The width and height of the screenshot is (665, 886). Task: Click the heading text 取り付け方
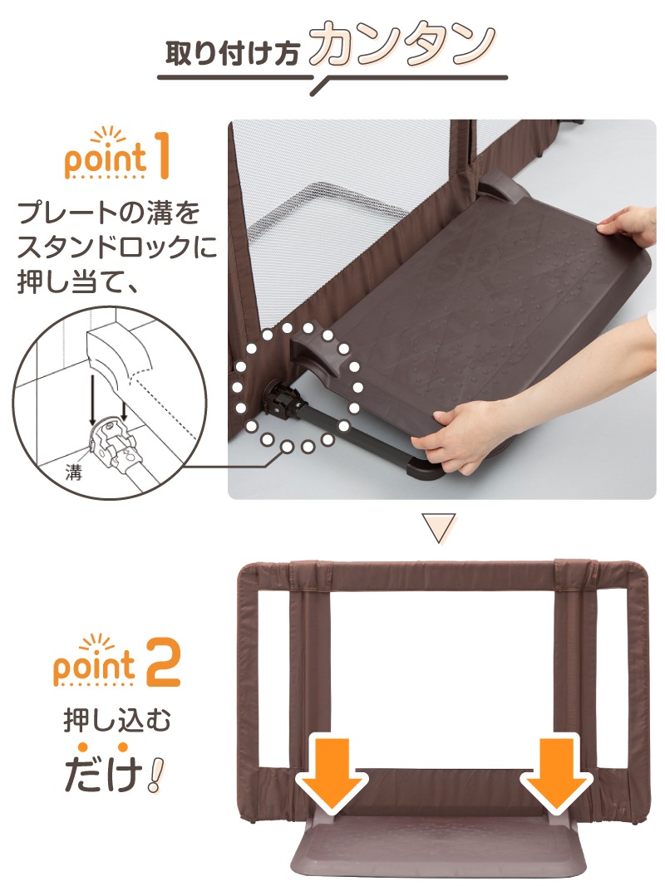(233, 54)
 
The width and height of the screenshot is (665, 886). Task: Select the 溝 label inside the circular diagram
(73, 472)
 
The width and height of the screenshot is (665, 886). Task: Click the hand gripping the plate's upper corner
(628, 226)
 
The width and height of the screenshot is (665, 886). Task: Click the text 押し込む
(116, 721)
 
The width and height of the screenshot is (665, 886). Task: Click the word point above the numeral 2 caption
(94, 666)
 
